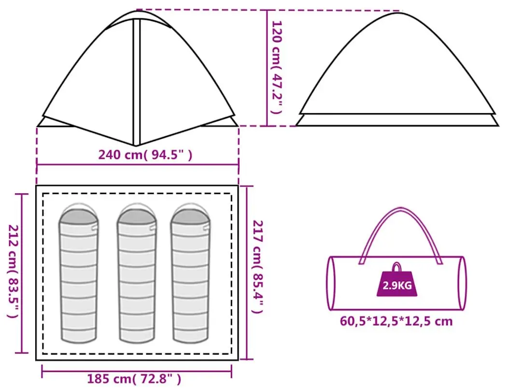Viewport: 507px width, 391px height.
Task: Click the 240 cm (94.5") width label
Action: click(x=145, y=155)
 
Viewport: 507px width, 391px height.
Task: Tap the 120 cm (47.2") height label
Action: click(x=277, y=67)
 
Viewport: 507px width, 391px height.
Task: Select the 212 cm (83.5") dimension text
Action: click(x=13, y=271)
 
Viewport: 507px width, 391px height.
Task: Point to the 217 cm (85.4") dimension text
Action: click(x=258, y=267)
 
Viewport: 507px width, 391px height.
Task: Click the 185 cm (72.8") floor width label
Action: click(x=134, y=379)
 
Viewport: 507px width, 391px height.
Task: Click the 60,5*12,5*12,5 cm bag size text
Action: click(x=396, y=321)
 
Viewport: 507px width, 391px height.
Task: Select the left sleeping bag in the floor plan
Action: click(x=79, y=274)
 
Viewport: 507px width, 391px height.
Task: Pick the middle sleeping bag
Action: click(x=137, y=274)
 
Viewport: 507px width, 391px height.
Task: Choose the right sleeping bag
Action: click(x=190, y=274)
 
